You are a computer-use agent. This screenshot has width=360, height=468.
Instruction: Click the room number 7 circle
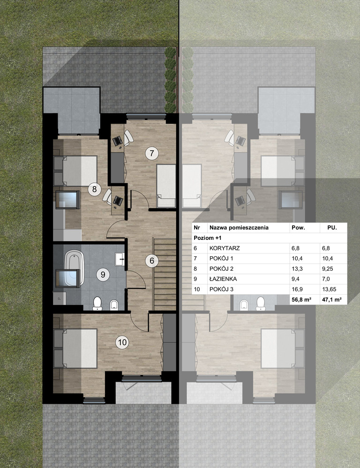click(152, 153)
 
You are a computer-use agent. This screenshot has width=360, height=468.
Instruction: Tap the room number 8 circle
click(94, 189)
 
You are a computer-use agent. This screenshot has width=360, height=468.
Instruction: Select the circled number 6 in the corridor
click(152, 260)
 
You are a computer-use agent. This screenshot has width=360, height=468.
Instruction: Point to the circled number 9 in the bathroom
click(103, 275)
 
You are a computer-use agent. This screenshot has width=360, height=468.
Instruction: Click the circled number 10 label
click(122, 342)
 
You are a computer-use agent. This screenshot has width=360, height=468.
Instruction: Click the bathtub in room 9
click(74, 268)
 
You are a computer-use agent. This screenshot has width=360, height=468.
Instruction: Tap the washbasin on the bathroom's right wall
click(120, 259)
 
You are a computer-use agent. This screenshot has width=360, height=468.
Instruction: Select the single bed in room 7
click(166, 186)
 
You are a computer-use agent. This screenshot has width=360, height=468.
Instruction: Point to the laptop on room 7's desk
click(117, 140)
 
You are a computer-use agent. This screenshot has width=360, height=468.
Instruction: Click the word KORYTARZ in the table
click(225, 248)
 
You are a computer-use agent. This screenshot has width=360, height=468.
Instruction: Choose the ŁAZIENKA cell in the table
click(223, 279)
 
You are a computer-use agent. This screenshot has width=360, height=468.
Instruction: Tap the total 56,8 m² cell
click(301, 300)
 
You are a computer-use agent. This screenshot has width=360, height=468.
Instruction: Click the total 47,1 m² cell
click(331, 300)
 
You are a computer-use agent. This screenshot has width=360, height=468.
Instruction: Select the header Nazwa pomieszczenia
click(239, 227)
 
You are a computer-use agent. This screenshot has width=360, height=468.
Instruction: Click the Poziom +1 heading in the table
click(208, 238)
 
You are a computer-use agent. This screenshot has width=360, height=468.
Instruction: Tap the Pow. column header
click(298, 227)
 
